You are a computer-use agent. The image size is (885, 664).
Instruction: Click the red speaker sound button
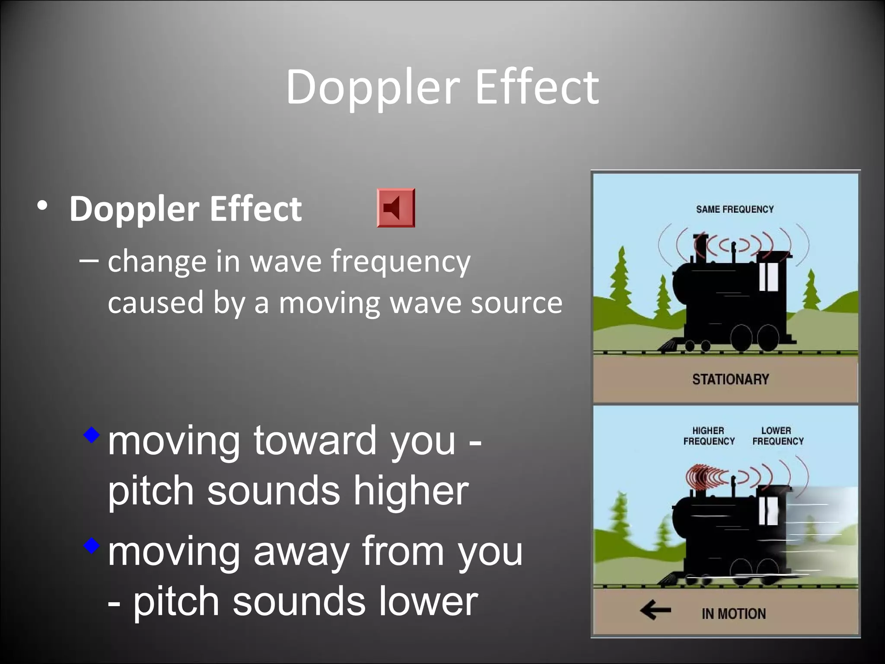(395, 208)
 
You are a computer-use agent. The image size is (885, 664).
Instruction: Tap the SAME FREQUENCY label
(734, 209)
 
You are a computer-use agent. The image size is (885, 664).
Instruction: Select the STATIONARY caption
(730, 380)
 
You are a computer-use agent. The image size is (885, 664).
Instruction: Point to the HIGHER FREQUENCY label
(709, 436)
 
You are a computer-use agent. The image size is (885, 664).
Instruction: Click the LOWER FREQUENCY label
(777, 436)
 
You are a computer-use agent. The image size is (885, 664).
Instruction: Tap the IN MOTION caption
(733, 613)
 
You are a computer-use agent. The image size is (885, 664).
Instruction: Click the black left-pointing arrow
(655, 610)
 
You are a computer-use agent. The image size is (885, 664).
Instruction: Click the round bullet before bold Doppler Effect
(42, 206)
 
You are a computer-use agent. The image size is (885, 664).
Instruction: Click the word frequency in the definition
(401, 262)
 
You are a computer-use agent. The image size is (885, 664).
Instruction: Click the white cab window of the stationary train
(768, 276)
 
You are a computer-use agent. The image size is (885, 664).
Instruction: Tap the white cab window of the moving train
(768, 511)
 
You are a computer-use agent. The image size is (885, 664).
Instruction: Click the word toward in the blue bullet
(315, 441)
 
